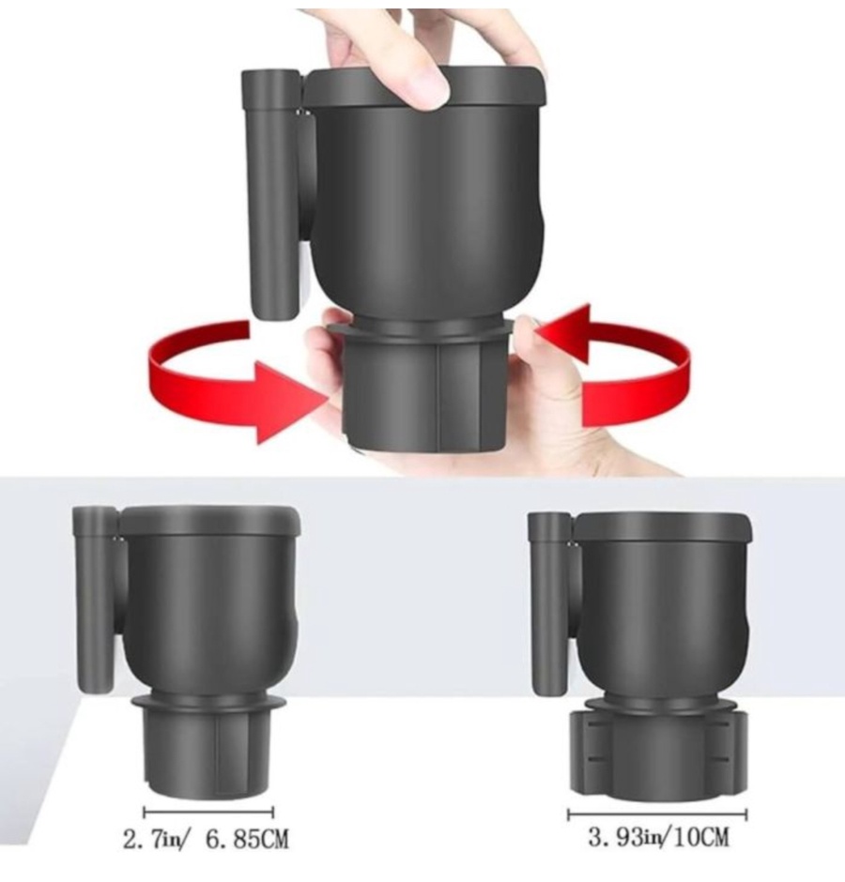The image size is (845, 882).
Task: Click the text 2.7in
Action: (146, 841)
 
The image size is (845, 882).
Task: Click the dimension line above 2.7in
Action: (208, 813)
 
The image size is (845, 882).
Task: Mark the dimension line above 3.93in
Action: (657, 814)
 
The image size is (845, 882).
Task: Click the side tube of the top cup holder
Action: (270, 194)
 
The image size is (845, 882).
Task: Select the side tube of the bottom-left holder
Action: (95, 599)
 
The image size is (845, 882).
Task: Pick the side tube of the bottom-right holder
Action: (550, 604)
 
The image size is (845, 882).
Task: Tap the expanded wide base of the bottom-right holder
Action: (658, 753)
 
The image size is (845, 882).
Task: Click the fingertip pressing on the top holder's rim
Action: (428, 90)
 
